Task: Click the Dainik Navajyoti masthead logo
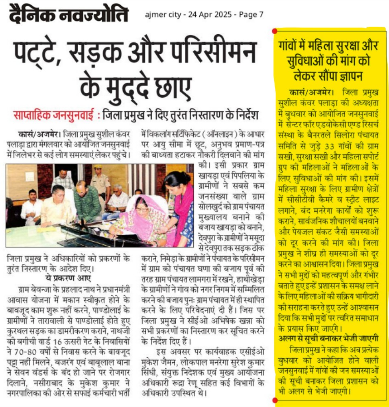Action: point(68,15)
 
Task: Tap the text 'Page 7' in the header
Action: point(251,15)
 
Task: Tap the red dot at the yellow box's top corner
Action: point(275,31)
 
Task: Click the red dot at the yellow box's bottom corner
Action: point(275,401)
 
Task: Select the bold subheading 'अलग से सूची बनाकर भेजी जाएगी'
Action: point(329,338)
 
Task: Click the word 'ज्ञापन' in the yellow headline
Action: point(350,76)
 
